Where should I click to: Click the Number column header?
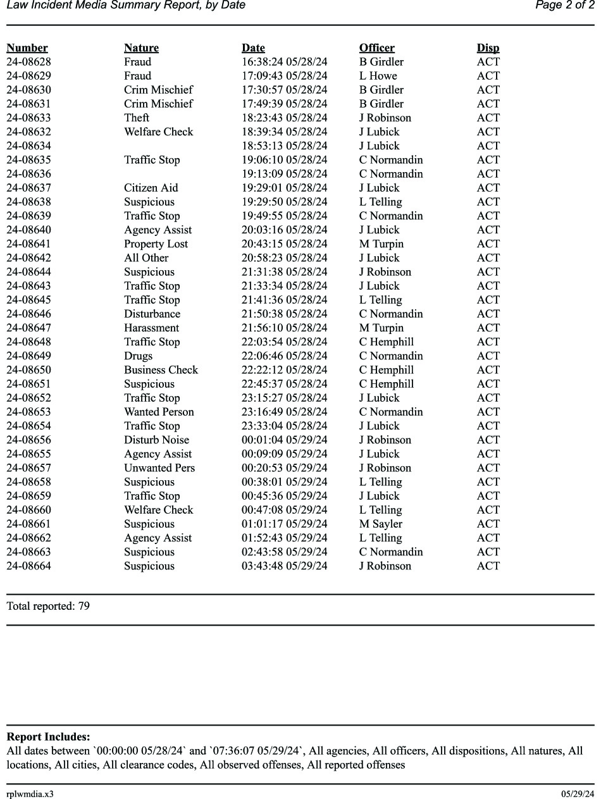click(x=27, y=48)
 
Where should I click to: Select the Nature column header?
click(x=141, y=48)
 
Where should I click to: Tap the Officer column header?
click(x=376, y=48)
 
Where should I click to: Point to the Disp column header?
click(x=488, y=48)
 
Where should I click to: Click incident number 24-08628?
click(x=28, y=62)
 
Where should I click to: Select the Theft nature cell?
click(x=137, y=118)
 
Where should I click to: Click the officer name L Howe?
click(x=378, y=76)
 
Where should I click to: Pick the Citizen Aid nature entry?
click(x=151, y=188)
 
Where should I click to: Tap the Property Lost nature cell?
click(x=156, y=244)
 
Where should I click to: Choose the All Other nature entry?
click(x=146, y=258)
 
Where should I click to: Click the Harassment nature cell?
click(x=151, y=328)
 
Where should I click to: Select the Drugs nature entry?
click(x=138, y=356)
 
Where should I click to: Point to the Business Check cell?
click(x=161, y=370)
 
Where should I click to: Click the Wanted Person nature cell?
click(x=159, y=412)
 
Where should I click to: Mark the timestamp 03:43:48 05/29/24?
click(x=284, y=566)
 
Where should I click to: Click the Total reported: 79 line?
click(x=48, y=606)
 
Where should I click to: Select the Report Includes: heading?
click(x=48, y=737)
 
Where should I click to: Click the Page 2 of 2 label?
click(x=564, y=6)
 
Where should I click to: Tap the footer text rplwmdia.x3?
click(x=30, y=794)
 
